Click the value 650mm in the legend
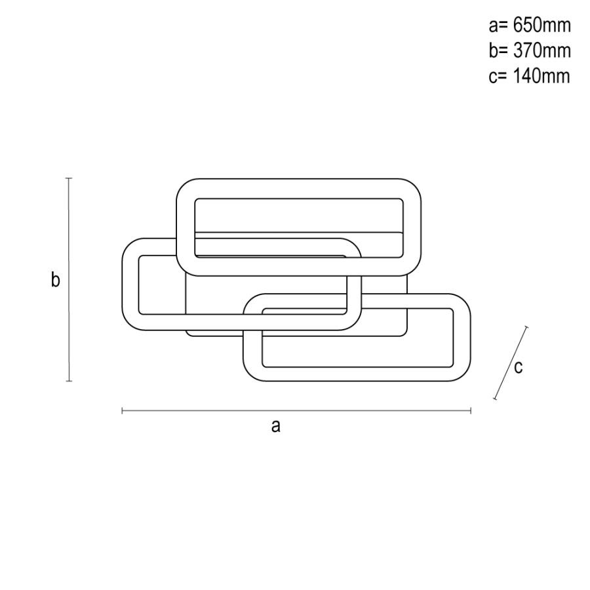point(542,25)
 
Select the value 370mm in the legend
point(542,50)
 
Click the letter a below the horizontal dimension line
point(276,427)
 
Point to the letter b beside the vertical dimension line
point(55,280)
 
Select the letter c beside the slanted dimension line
point(518,367)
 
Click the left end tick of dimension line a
point(123,411)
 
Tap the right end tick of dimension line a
point(471,411)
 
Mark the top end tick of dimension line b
point(68,178)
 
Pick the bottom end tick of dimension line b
point(69,381)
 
